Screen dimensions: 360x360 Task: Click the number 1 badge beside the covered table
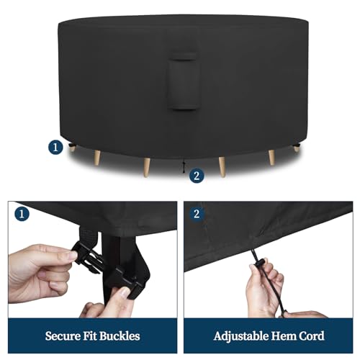pyautogui.click(x=55, y=147)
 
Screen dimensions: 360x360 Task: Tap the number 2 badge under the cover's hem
pyautogui.click(x=197, y=176)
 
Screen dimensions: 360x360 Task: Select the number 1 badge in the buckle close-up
pyautogui.click(x=22, y=214)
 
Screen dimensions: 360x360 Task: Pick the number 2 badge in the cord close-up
pyautogui.click(x=197, y=214)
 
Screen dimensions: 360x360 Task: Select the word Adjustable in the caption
pyautogui.click(x=243, y=336)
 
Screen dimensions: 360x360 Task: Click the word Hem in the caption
pyautogui.click(x=285, y=336)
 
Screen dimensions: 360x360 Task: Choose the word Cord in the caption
pyautogui.click(x=312, y=336)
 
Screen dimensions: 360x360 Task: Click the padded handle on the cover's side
pyautogui.click(x=183, y=81)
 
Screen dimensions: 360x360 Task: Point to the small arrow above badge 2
pyautogui.click(x=184, y=166)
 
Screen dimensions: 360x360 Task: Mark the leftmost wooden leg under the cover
pyautogui.click(x=72, y=148)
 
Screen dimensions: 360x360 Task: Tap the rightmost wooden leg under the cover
pyautogui.click(x=297, y=149)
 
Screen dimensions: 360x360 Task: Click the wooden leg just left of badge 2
pyautogui.click(x=146, y=168)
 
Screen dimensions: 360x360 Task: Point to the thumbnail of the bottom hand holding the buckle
pyautogui.click(x=125, y=292)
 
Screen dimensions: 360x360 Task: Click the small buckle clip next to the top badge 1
pyautogui.click(x=71, y=145)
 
